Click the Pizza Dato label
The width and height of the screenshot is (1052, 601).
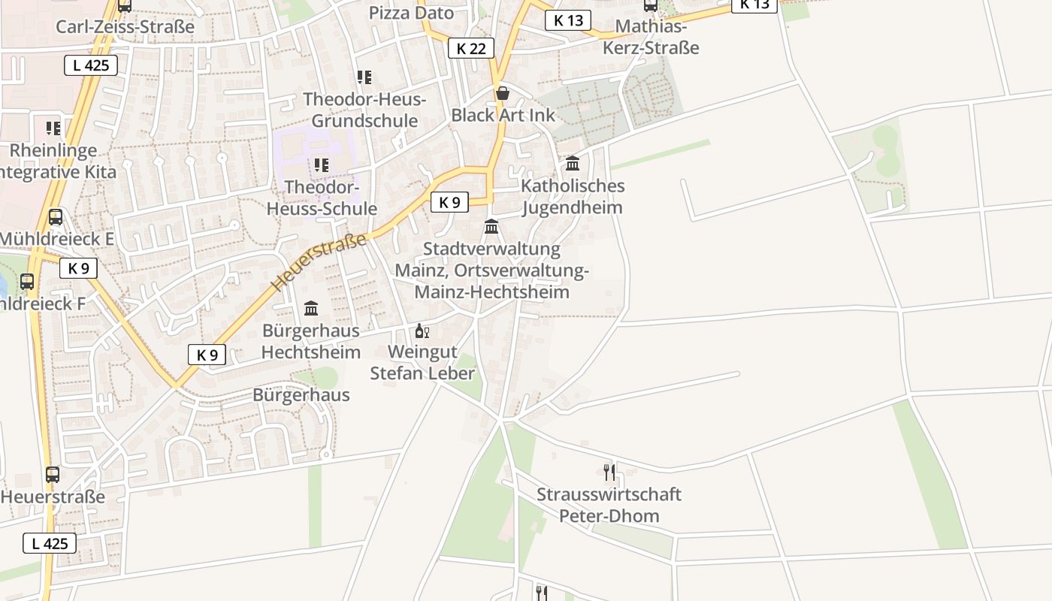[411, 13]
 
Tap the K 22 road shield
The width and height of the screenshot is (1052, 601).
[471, 48]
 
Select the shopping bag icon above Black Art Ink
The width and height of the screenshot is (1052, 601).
[502, 93]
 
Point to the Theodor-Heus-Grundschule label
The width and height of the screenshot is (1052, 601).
[364, 110]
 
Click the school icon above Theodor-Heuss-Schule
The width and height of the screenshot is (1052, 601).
[322, 165]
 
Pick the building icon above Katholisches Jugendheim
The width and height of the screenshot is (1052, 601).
[573, 163]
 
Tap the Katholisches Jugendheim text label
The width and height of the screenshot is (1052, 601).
[573, 196]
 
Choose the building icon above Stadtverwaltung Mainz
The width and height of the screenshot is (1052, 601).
[491, 226]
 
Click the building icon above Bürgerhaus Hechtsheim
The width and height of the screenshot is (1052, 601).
[311, 308]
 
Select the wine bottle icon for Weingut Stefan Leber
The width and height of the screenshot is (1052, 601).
[422, 331]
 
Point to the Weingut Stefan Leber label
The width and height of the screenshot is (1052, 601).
[422, 362]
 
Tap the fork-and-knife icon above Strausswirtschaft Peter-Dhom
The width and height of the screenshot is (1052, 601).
[609, 472]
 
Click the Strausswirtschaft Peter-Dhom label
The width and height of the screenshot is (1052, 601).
[609, 505]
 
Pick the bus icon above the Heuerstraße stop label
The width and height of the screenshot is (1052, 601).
[52, 475]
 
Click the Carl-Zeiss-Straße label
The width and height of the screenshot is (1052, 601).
[125, 27]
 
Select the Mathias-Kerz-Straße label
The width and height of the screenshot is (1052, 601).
[651, 38]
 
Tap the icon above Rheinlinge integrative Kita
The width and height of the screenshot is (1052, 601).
[53, 128]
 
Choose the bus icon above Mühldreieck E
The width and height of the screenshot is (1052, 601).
[55, 217]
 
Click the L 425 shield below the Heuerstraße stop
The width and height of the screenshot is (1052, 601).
[50, 543]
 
